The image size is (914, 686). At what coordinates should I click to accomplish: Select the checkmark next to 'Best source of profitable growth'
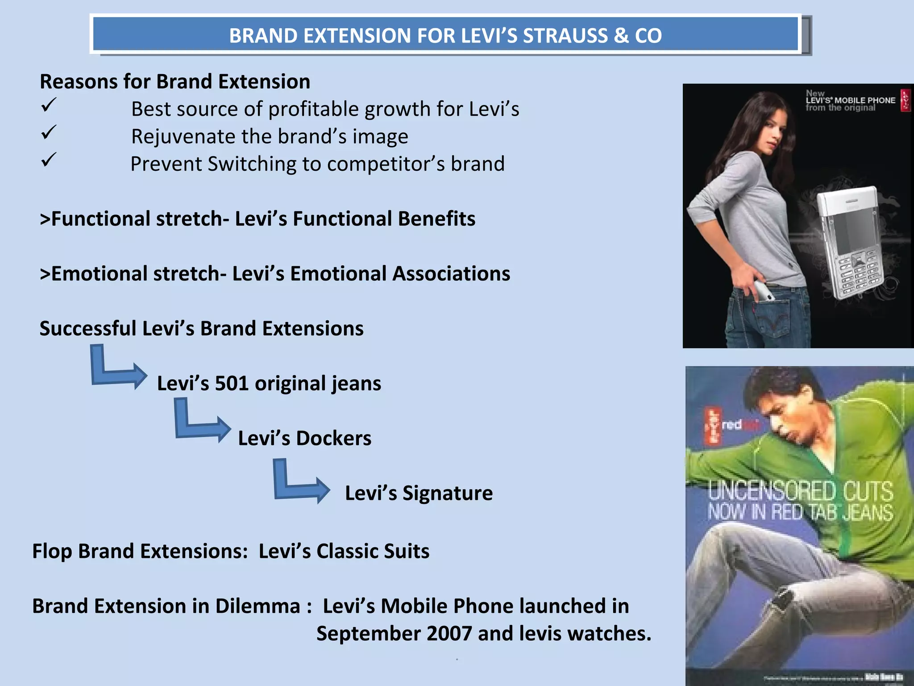coord(49,105)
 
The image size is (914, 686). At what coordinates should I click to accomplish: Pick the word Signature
coord(447,494)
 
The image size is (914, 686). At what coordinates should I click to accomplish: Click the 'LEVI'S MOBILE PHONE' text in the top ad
coord(850,100)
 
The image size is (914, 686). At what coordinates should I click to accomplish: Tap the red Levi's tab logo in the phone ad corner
coord(905,100)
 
